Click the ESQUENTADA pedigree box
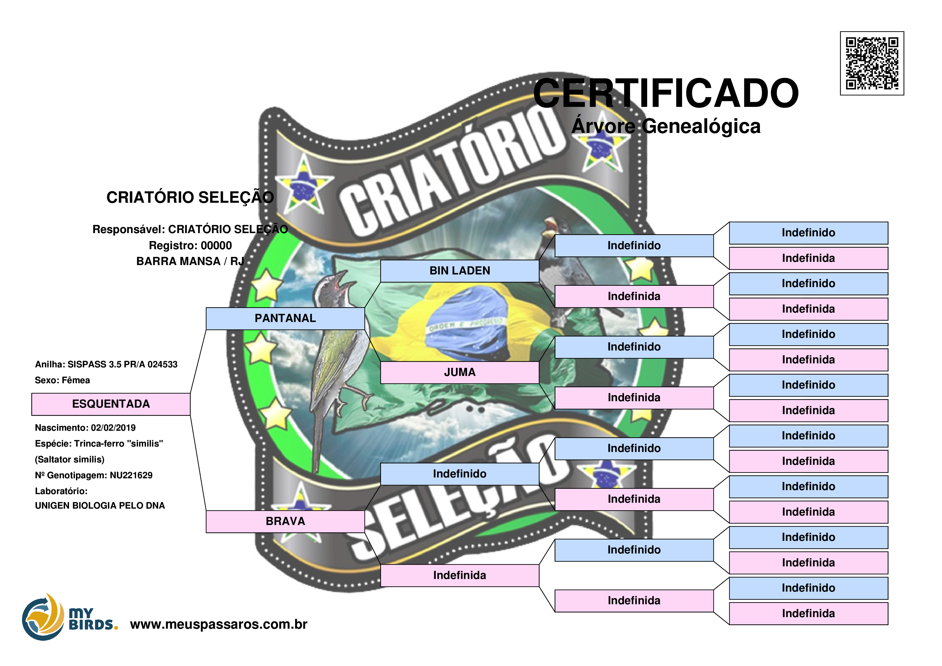tap(111, 404)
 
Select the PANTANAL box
tap(285, 318)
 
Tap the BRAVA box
tap(285, 522)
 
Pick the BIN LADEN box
tap(459, 271)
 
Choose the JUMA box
tap(459, 372)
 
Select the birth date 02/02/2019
tap(113, 428)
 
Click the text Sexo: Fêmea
tap(62, 380)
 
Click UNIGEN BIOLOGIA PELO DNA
tap(100, 506)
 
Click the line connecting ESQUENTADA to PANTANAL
tap(198, 361)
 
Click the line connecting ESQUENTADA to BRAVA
tap(198, 463)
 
